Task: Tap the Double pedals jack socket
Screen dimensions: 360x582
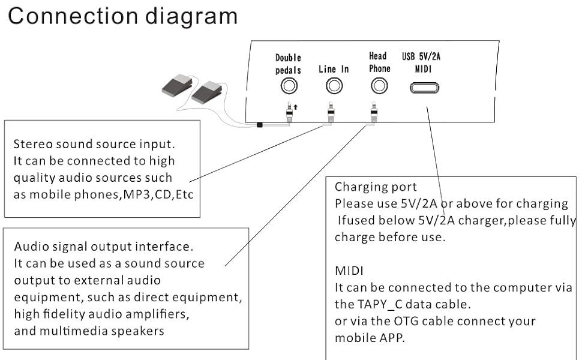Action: pos(289,86)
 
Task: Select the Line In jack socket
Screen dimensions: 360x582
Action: pos(334,86)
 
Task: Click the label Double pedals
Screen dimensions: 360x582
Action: pos(288,64)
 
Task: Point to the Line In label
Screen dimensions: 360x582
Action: pos(334,69)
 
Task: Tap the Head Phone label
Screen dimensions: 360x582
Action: pos(379,62)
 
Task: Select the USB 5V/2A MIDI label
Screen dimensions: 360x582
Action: pos(425,63)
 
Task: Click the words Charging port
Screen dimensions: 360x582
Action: pos(376,187)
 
